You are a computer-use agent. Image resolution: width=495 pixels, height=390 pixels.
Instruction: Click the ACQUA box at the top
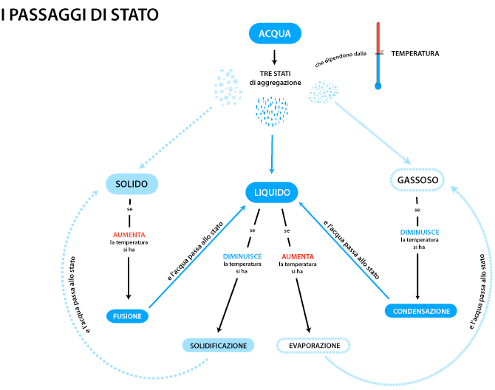pyautogui.click(x=274, y=33)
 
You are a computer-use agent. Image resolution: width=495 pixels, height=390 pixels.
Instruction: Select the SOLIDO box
pyautogui.click(x=132, y=183)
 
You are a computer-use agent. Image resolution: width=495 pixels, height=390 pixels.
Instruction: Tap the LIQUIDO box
pyautogui.click(x=272, y=193)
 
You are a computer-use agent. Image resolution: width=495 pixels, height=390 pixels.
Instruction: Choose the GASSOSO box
pyautogui.click(x=418, y=180)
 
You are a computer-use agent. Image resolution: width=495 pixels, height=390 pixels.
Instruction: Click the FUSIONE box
pyautogui.click(x=127, y=315)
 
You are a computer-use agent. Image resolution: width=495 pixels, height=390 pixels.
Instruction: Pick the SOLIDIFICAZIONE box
pyautogui.click(x=218, y=345)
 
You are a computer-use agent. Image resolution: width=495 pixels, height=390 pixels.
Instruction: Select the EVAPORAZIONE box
pyautogui.click(x=313, y=345)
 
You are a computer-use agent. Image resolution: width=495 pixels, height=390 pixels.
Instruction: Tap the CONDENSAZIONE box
pyautogui.click(x=420, y=311)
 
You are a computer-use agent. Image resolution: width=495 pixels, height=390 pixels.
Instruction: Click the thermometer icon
pyautogui.click(x=378, y=55)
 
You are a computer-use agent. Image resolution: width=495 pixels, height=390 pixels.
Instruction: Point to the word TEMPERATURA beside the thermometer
pyautogui.click(x=415, y=53)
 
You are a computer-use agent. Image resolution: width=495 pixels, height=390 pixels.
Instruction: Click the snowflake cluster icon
pyautogui.click(x=228, y=86)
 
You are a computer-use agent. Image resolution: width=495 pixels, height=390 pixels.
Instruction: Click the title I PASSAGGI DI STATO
pyautogui.click(x=80, y=16)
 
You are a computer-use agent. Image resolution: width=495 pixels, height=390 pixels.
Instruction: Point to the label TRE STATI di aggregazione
pyautogui.click(x=274, y=78)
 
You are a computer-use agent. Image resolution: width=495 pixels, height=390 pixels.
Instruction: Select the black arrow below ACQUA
pyautogui.click(x=274, y=57)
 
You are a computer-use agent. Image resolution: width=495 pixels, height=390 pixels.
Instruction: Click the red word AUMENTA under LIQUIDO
pyautogui.click(x=297, y=256)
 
